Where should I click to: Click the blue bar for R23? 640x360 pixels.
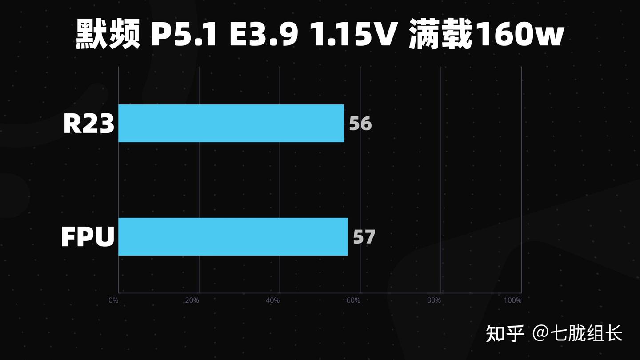231,123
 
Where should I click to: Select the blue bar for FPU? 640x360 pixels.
233,236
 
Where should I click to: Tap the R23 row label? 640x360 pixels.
89,124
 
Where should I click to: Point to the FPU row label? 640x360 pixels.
88,237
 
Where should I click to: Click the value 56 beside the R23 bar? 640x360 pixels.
360,124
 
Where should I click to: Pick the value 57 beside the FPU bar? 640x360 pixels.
364,237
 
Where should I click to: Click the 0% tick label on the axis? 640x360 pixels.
113,300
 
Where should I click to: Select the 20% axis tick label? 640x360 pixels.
192,300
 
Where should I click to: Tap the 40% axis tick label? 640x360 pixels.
272,300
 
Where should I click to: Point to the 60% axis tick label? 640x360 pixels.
353,300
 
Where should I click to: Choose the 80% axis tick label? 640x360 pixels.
434,300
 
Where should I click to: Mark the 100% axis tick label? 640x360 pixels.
512,300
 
